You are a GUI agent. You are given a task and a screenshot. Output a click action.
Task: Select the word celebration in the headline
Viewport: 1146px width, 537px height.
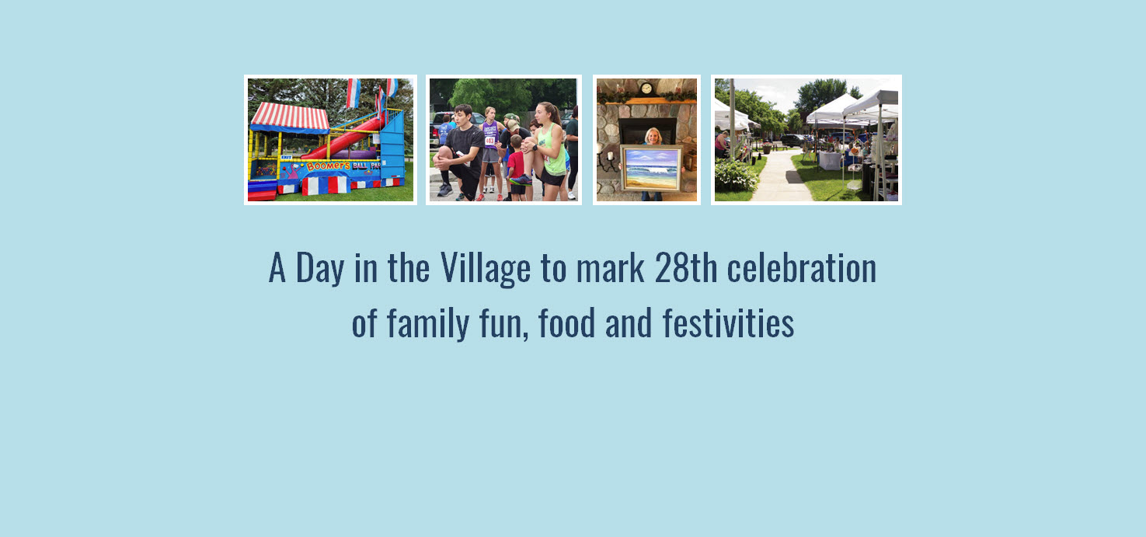click(x=801, y=269)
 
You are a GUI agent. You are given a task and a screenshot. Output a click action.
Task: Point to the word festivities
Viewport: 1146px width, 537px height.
click(x=728, y=324)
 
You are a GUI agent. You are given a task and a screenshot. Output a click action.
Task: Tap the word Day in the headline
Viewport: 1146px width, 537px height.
click(x=319, y=269)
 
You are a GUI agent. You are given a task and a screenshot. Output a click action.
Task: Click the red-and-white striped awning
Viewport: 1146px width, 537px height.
click(x=289, y=117)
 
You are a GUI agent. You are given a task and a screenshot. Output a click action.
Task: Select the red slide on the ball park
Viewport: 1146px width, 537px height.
click(x=342, y=140)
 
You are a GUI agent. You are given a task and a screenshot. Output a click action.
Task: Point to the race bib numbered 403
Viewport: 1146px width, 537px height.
click(x=489, y=140)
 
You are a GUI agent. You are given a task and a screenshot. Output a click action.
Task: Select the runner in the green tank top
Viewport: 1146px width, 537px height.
click(x=550, y=148)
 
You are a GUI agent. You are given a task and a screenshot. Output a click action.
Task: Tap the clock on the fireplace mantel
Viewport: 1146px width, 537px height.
click(x=646, y=89)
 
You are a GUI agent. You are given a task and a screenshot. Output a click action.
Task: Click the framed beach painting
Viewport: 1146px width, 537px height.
click(x=651, y=167)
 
